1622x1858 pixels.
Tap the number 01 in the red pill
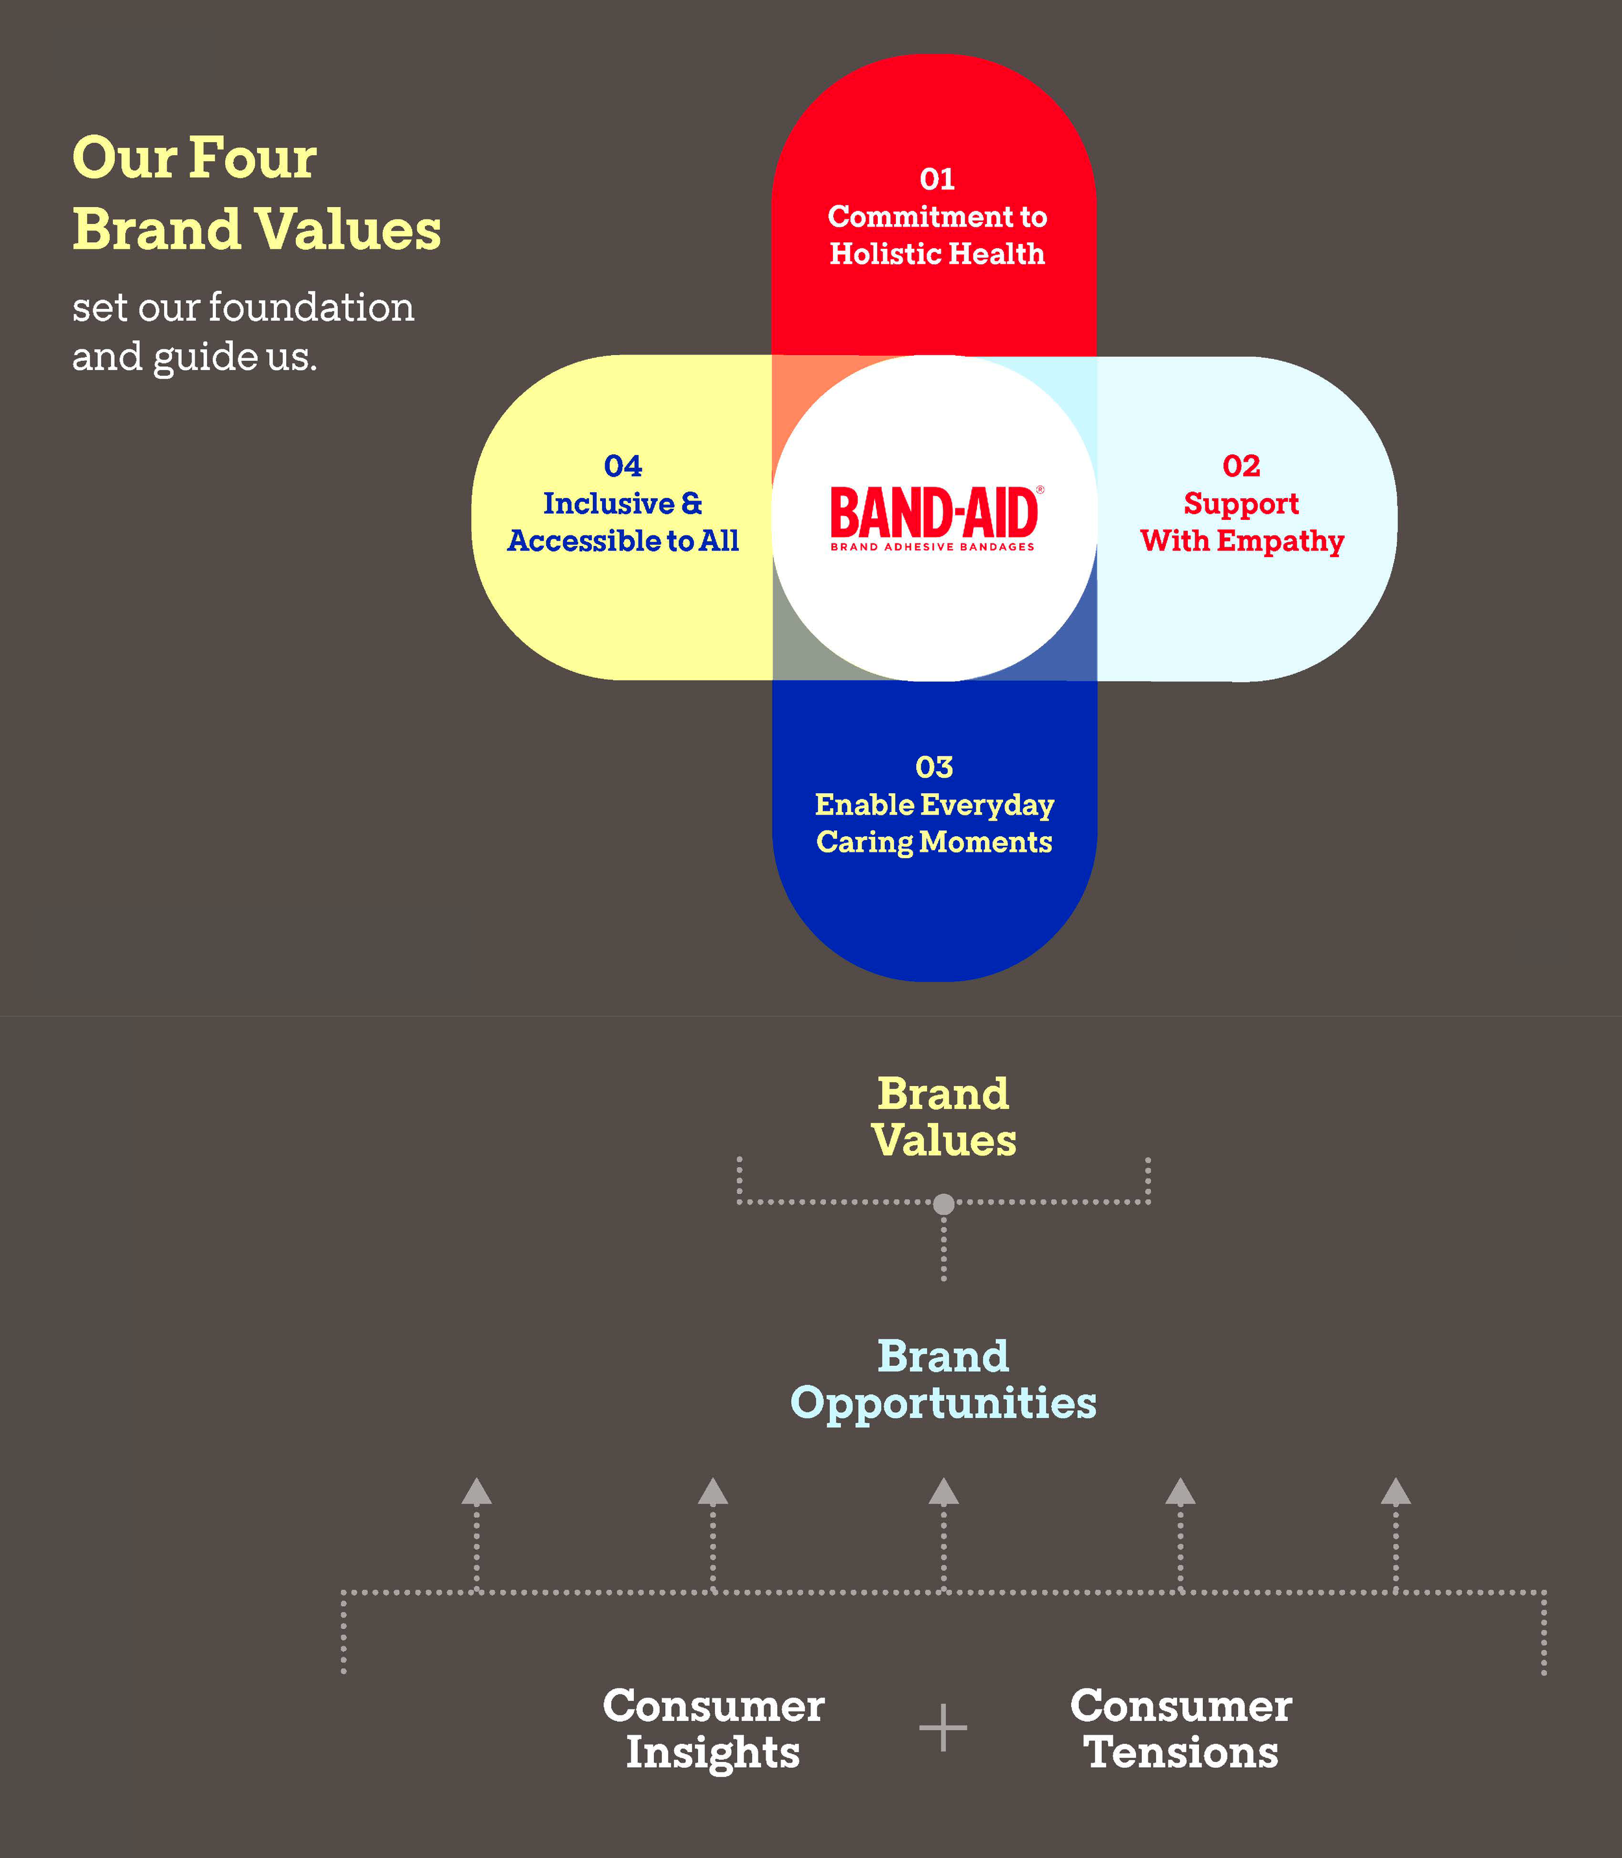click(x=937, y=179)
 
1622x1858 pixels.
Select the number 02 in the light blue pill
click(x=1241, y=466)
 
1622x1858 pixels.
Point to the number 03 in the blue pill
click(x=934, y=768)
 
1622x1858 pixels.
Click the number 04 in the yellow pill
click(x=623, y=466)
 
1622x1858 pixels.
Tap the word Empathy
click(x=1280, y=541)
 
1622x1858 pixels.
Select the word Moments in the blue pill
click(x=986, y=842)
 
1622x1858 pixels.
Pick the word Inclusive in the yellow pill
click(x=609, y=503)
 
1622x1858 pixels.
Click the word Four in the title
click(x=254, y=158)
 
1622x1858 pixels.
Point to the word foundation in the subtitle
click(x=311, y=308)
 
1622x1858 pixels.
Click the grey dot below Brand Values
click(x=943, y=1204)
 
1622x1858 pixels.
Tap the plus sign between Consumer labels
click(x=943, y=1728)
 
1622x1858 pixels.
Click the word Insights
click(x=713, y=1752)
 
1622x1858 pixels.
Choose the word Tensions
click(x=1181, y=1752)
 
